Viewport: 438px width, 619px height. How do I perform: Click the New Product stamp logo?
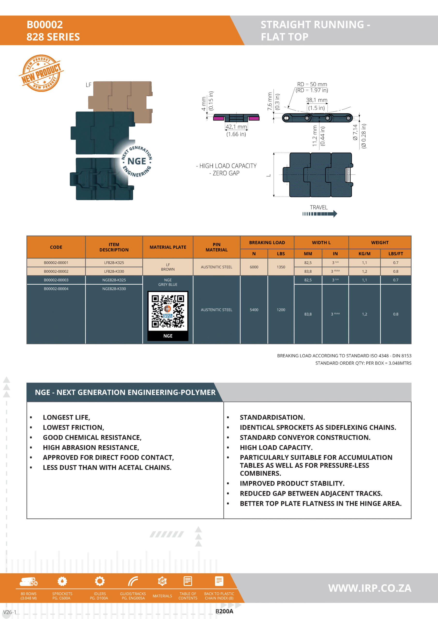[41, 73]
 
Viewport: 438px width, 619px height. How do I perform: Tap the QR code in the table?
[168, 311]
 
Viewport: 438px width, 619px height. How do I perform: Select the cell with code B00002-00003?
[56, 280]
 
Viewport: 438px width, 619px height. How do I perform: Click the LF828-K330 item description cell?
[114, 272]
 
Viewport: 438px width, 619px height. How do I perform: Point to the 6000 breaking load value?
[254, 267]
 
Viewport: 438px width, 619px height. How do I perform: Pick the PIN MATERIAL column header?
[216, 247]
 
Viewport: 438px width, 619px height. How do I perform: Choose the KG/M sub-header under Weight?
[364, 254]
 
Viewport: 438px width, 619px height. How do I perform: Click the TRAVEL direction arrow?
[320, 214]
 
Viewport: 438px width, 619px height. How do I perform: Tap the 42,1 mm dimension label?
[236, 127]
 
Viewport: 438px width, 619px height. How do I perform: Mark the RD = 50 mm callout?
[312, 84]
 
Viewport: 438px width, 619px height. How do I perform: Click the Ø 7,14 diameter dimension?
[355, 132]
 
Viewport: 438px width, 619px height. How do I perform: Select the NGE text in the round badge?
[136, 161]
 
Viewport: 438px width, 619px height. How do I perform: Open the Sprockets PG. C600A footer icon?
[62, 582]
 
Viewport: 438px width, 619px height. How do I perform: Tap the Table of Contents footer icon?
[188, 582]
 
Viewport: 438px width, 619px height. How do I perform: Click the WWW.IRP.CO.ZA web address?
[370, 588]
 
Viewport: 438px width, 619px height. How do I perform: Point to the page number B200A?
[224, 611]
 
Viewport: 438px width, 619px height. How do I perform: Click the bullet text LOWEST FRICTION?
[73, 427]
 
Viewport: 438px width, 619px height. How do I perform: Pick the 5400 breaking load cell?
[254, 310]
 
